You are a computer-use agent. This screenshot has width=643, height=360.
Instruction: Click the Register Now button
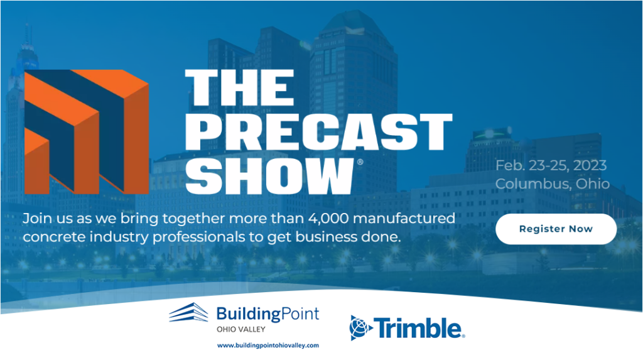556,229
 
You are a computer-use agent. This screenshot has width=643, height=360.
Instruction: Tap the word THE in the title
240,87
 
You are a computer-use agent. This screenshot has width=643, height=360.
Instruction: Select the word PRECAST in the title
318,132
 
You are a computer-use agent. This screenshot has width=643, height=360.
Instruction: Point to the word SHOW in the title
269,176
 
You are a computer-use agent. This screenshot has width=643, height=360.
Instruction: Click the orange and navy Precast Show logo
87,132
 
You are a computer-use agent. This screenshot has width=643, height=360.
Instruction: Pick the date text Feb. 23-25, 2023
551,165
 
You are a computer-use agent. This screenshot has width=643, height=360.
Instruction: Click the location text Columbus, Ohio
553,183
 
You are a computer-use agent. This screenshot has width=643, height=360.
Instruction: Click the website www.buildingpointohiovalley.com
267,346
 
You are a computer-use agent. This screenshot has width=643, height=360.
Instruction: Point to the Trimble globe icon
360,328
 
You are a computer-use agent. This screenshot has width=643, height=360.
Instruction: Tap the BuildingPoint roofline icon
188,313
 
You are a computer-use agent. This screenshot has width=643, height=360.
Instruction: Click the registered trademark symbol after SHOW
360,161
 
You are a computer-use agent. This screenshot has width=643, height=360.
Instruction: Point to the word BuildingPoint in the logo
267,314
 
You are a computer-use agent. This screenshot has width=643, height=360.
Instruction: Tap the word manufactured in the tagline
404,218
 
